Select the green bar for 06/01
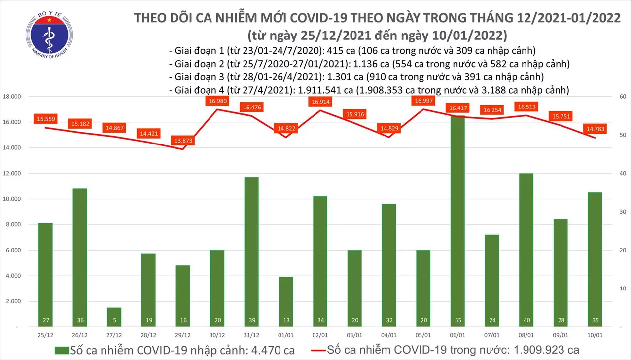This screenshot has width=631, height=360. [457, 222]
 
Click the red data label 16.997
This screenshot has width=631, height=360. [424, 101]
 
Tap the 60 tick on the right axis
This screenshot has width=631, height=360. [618, 97]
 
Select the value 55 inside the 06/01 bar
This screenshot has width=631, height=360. [457, 320]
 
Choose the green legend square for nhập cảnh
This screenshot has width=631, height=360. [61, 351]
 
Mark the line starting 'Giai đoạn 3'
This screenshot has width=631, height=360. [356, 77]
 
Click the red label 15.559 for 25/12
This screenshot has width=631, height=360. [46, 119]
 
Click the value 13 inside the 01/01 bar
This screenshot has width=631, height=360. [285, 320]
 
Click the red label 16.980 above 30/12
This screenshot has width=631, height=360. [217, 101]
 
